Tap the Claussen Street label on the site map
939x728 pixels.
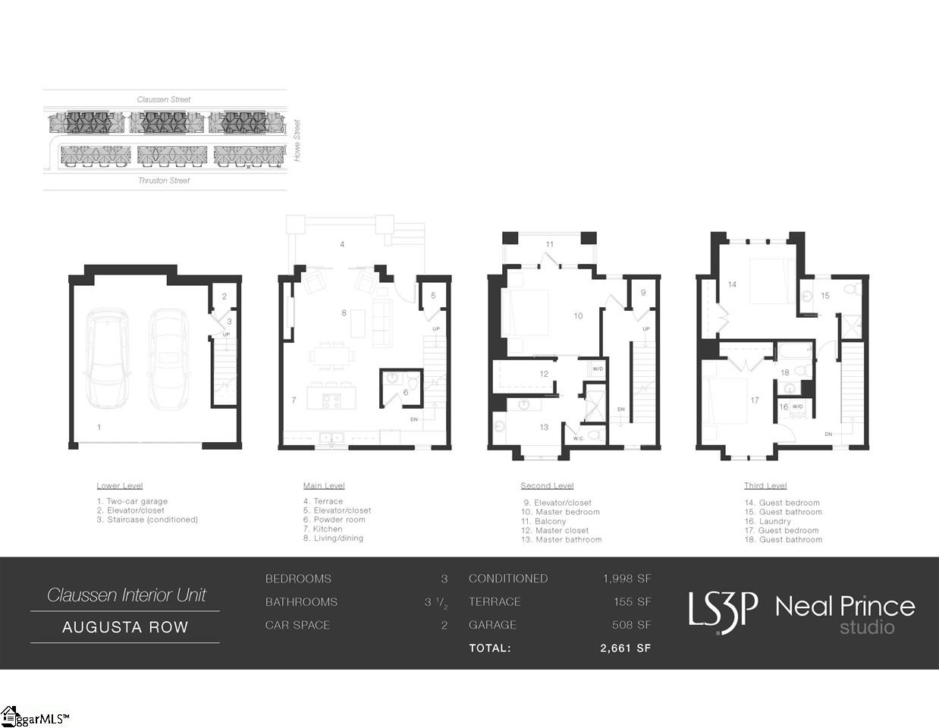tap(164, 99)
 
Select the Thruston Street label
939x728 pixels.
tap(164, 180)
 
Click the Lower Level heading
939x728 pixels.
tap(120, 486)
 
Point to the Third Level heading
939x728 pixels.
tap(765, 486)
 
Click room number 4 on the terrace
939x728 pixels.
tap(342, 244)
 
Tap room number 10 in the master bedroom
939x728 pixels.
tap(578, 316)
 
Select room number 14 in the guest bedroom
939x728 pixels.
tap(732, 285)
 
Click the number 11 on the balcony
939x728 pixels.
tap(550, 244)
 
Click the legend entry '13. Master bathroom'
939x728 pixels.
tap(561, 540)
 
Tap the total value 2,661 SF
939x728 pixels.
tap(625, 648)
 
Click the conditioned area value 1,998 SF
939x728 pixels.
tap(627, 579)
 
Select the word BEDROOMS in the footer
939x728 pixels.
tap(298, 579)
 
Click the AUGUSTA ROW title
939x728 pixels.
tap(125, 627)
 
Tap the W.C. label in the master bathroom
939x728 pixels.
tap(579, 438)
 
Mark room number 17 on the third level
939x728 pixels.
tap(755, 400)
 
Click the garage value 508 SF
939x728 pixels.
tap(631, 625)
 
